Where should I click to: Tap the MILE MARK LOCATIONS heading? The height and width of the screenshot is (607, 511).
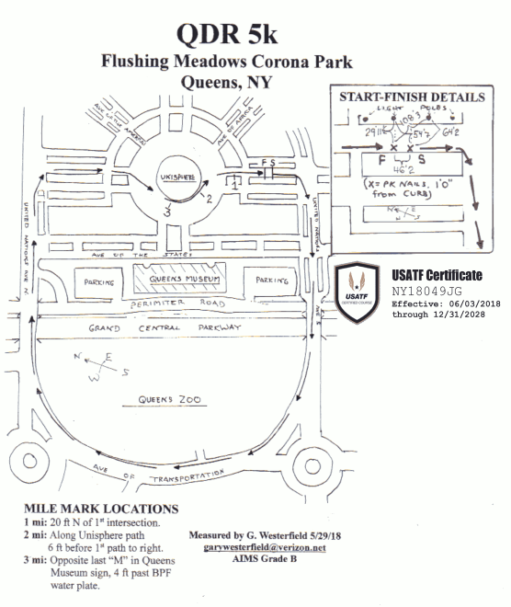tap(101, 508)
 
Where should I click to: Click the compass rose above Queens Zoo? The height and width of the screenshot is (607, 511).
tap(103, 367)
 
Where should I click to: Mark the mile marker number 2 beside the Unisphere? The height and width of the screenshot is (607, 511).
tap(210, 197)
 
